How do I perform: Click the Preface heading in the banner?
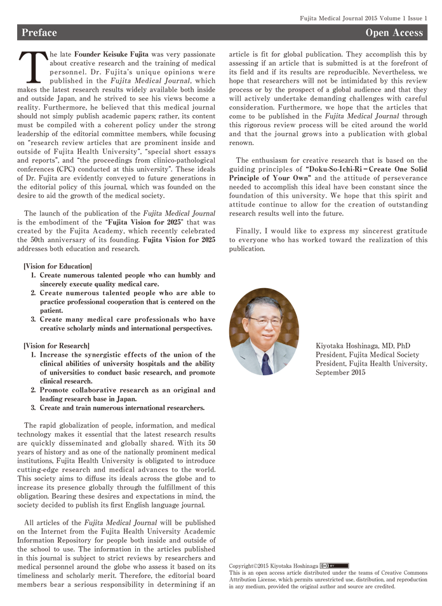point(39,32)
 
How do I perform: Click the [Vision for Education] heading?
point(57,266)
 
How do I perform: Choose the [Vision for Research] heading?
point(56,345)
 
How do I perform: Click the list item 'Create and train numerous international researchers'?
point(122,408)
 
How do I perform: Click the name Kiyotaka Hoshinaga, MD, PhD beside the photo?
point(363,346)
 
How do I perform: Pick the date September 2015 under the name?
point(340,373)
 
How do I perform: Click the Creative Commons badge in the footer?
point(334,565)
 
